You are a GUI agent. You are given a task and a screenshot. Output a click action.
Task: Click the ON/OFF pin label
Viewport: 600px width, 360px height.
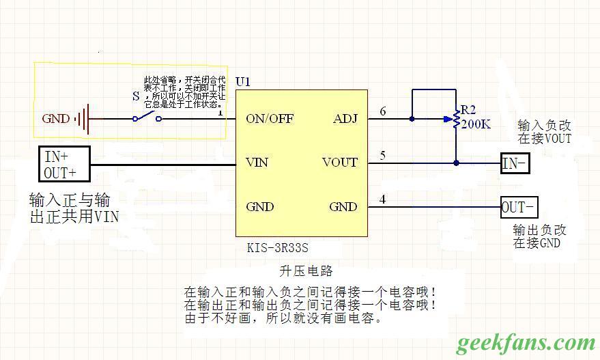tap(270, 118)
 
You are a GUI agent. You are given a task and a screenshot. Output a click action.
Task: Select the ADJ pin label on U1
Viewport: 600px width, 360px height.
tap(345, 118)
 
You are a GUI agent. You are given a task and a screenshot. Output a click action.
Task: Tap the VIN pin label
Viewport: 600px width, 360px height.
tap(257, 163)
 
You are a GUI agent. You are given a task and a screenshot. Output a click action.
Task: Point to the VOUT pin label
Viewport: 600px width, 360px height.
tap(339, 163)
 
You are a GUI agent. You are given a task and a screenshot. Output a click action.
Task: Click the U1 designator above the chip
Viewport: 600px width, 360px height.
tap(242, 82)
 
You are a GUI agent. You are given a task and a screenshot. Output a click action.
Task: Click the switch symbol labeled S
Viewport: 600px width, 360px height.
tap(147, 117)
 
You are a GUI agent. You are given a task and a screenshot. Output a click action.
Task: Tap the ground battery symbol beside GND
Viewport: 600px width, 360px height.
tap(83, 119)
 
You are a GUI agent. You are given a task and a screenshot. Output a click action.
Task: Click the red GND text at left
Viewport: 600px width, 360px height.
tap(55, 119)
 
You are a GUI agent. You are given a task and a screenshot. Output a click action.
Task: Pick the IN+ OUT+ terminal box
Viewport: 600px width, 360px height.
tap(64, 163)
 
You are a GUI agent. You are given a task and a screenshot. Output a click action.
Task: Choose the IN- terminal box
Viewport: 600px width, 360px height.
tap(514, 163)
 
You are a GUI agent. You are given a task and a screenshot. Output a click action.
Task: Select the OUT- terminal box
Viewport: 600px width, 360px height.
tap(519, 206)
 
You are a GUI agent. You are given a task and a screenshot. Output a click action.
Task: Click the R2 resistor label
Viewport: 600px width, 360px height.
tap(468, 109)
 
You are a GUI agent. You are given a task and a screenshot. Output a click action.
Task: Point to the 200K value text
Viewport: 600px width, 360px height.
tap(474, 124)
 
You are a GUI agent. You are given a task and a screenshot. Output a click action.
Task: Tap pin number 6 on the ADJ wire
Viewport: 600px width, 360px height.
tap(382, 111)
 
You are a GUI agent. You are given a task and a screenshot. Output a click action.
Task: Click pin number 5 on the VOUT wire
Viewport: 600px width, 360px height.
tap(382, 156)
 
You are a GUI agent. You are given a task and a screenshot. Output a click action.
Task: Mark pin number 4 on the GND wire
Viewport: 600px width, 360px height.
tap(382, 199)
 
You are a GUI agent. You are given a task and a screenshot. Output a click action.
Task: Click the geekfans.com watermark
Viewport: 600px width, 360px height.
tap(526, 342)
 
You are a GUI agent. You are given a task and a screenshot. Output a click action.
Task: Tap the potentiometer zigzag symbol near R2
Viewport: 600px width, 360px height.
tap(455, 119)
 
